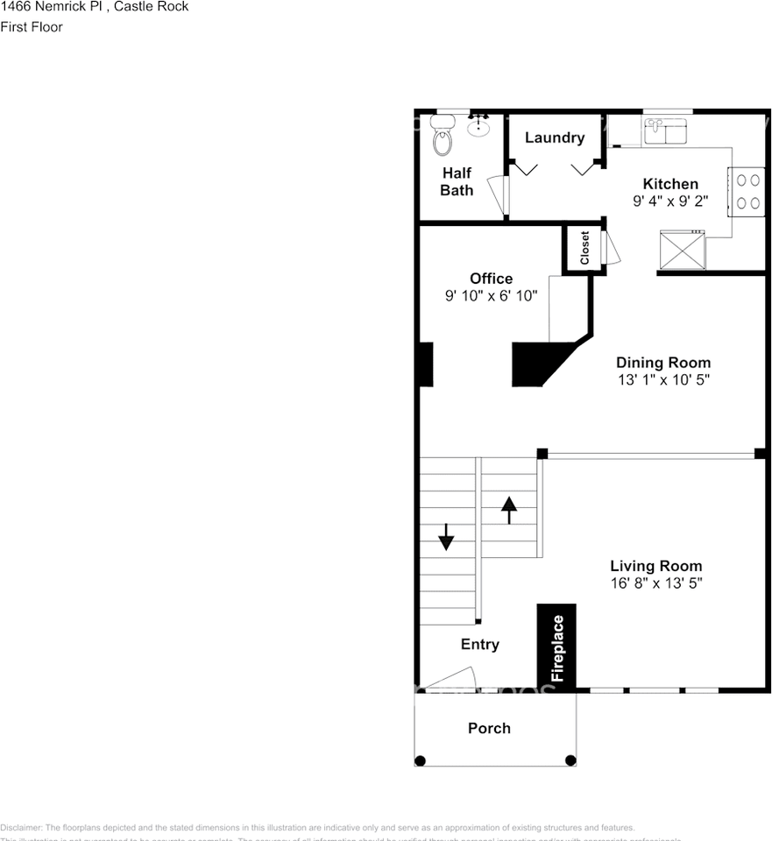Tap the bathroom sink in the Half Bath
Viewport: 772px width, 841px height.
coord(478,128)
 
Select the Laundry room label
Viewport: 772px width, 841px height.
coord(554,138)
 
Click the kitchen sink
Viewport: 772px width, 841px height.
coord(667,132)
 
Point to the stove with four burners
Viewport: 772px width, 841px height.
coord(747,191)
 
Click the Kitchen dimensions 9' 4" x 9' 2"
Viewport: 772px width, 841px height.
coord(670,201)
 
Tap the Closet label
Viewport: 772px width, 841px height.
coord(584,249)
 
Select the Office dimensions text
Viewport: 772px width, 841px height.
coord(491,296)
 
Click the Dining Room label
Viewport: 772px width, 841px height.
coord(663,363)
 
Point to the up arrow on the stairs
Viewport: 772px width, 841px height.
coord(508,509)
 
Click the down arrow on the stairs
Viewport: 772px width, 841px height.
coord(446,536)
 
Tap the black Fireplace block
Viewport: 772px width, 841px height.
coord(556,647)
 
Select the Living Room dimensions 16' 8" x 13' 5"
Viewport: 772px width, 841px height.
coord(656,583)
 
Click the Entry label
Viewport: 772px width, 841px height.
coord(480,645)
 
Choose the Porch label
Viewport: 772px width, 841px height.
coord(489,728)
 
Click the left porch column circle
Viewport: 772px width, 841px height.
coord(421,760)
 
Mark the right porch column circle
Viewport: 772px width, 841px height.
coord(570,760)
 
